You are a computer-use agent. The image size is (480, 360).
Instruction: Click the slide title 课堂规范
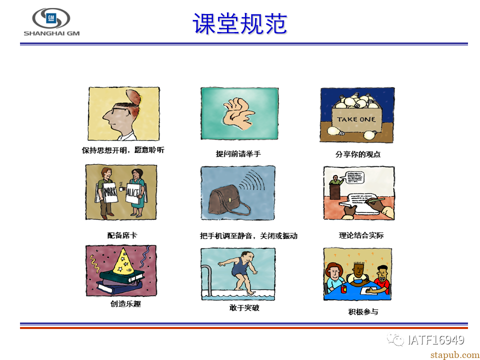click(239, 24)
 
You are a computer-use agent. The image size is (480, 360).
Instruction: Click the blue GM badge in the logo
click(51, 18)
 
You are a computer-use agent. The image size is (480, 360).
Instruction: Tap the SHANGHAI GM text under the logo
click(51, 33)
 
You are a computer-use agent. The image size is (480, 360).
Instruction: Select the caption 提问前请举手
click(238, 153)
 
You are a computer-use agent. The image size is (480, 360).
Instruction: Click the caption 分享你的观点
click(358, 154)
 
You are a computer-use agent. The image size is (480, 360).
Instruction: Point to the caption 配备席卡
click(122, 235)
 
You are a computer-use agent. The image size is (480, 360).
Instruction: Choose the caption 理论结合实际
click(361, 235)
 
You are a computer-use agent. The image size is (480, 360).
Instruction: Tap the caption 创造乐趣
click(125, 303)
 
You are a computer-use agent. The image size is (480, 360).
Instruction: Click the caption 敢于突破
click(244, 307)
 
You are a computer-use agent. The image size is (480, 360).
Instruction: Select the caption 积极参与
click(363, 311)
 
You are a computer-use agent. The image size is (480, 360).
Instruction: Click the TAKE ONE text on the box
click(356, 119)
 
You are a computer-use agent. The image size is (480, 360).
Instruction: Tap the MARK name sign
click(110, 192)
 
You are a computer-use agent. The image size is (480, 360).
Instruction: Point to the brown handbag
click(228, 201)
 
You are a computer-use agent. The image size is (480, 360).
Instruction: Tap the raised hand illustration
click(238, 114)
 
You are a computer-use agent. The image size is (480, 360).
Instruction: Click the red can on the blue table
click(344, 288)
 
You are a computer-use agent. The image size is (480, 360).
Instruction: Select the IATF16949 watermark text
click(435, 339)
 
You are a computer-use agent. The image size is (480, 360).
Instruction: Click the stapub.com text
click(455, 354)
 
